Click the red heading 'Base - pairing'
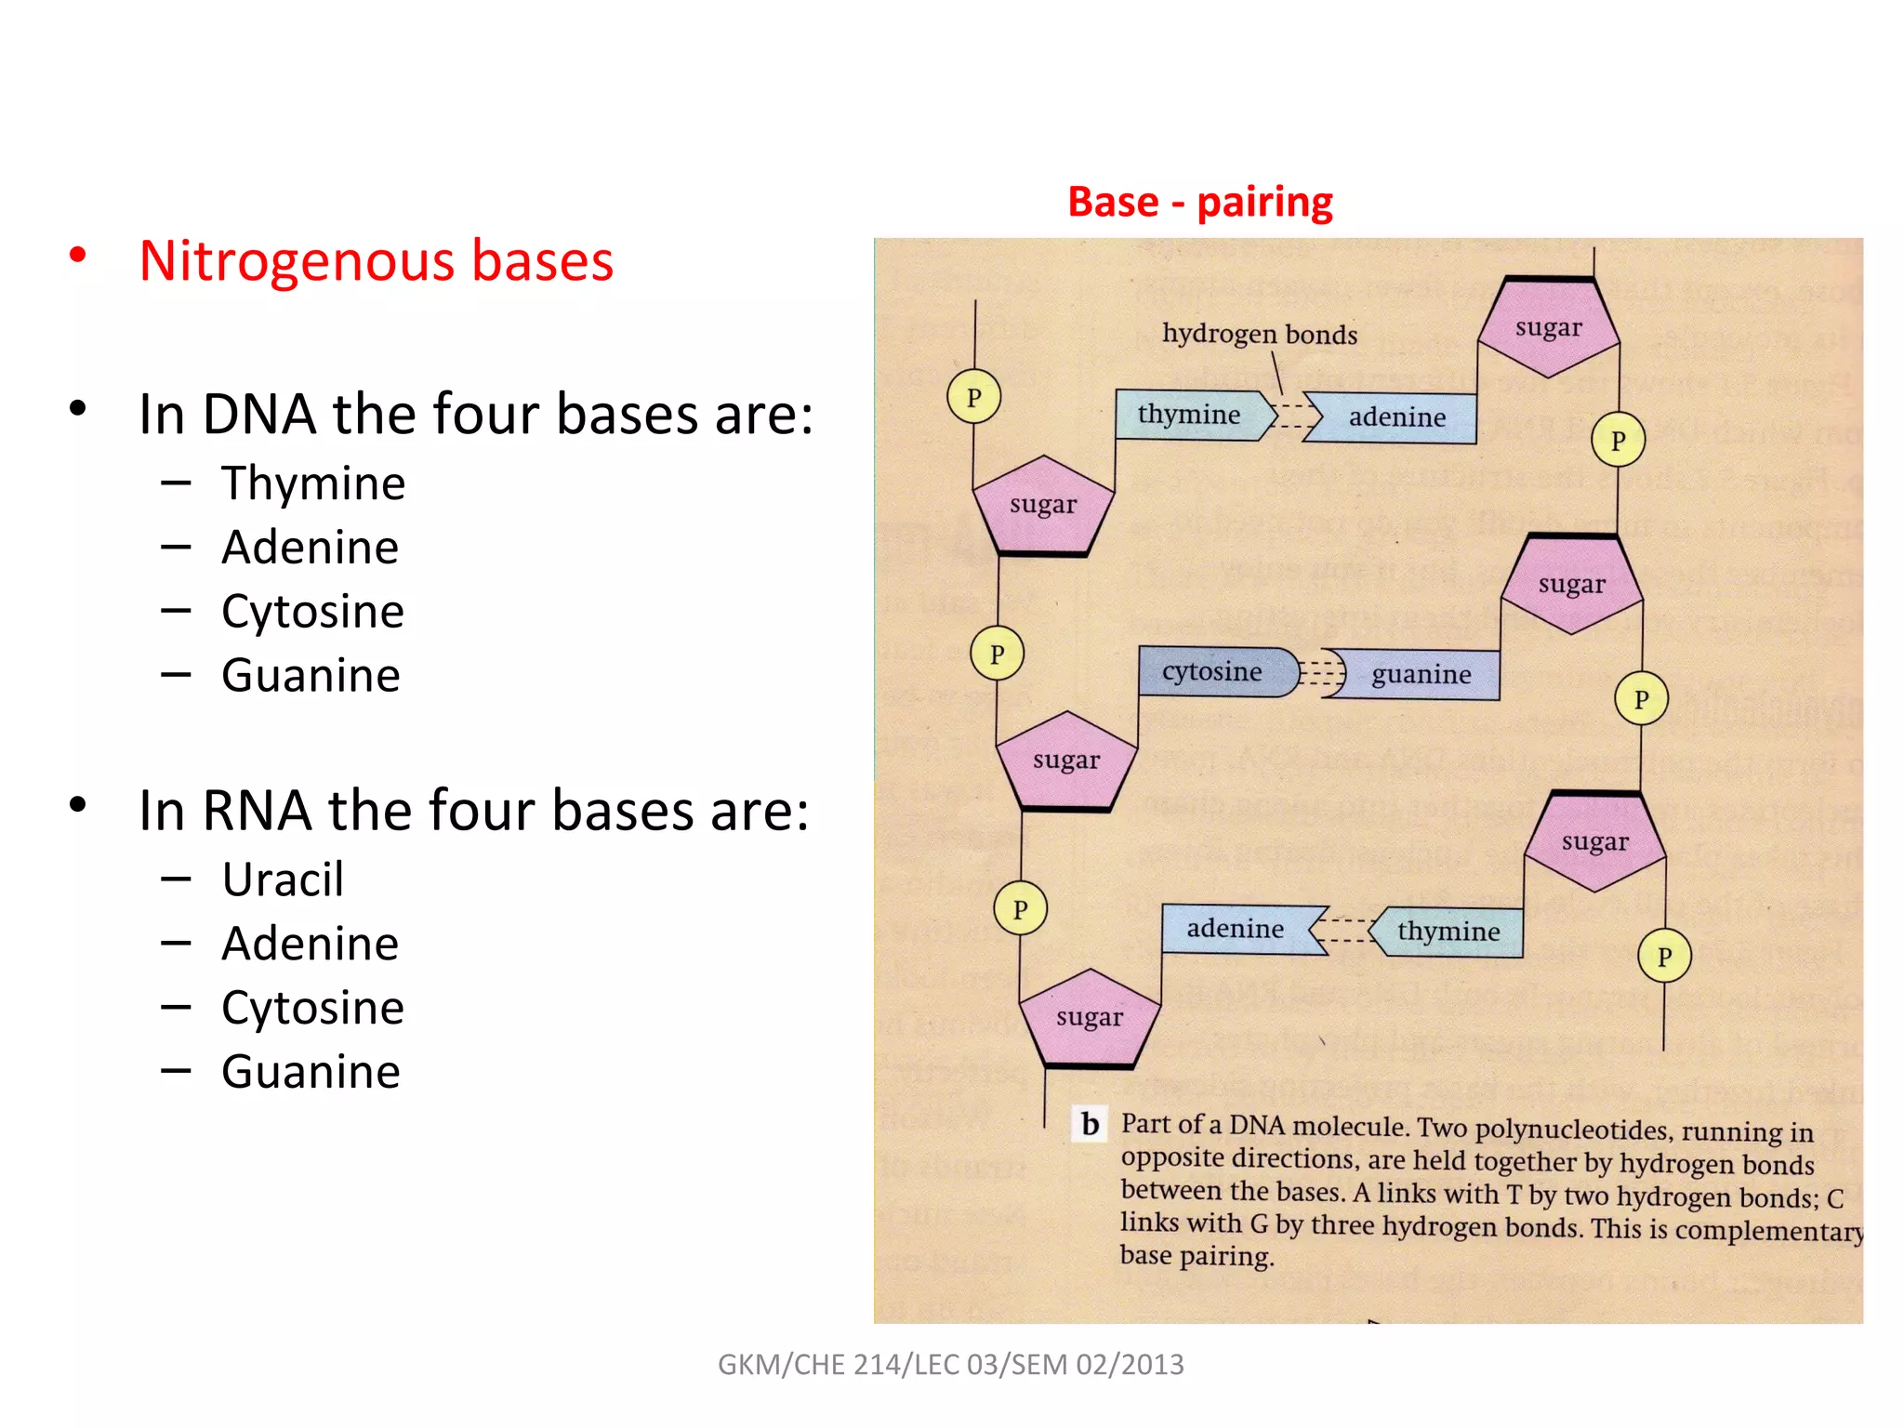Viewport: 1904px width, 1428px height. [1199, 202]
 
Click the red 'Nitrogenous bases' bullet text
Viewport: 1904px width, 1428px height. [376, 260]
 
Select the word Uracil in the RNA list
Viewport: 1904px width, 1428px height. [283, 879]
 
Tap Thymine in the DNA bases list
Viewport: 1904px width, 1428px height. [313, 483]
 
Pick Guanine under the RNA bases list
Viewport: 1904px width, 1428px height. [311, 1072]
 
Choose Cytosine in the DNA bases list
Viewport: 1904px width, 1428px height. [312, 612]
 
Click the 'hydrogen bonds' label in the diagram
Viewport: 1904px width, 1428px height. [1259, 334]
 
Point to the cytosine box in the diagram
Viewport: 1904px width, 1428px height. [1212, 671]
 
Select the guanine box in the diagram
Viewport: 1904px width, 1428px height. [1421, 674]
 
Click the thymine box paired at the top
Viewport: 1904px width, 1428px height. [1189, 415]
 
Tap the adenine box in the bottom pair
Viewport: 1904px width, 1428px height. [1235, 929]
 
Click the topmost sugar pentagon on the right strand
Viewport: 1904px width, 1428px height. [1548, 327]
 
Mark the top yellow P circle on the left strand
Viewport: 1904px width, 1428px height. [973, 397]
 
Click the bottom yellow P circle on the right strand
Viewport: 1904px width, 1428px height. [1664, 956]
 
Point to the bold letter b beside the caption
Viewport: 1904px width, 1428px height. [1090, 1124]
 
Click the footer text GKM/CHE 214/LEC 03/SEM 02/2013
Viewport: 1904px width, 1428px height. [950, 1365]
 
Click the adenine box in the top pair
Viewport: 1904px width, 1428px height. [1397, 417]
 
